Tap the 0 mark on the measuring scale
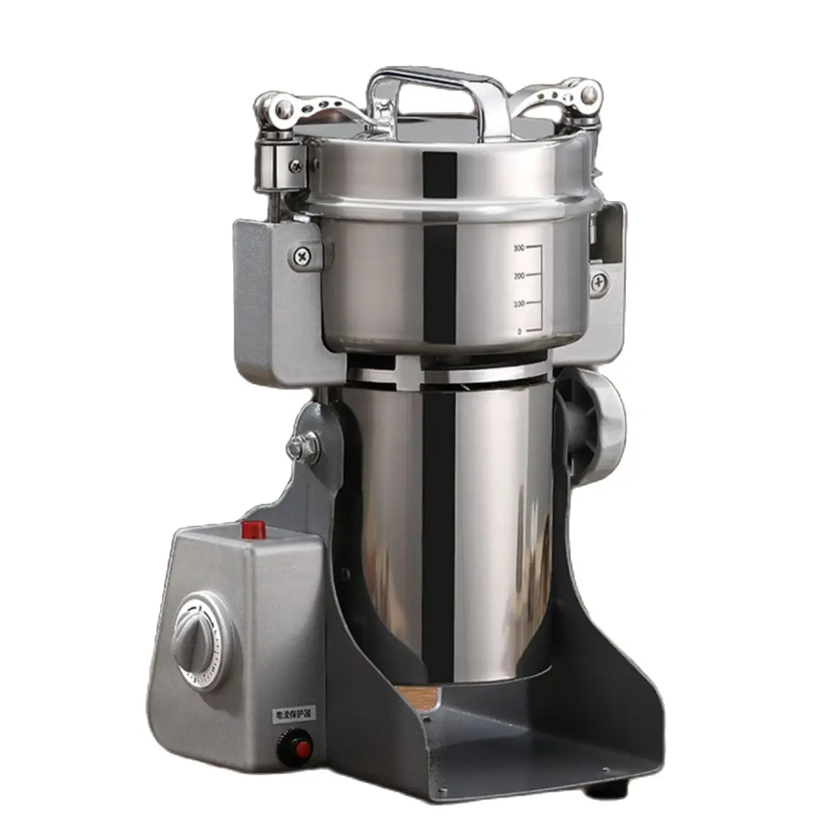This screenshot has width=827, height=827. [519, 331]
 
